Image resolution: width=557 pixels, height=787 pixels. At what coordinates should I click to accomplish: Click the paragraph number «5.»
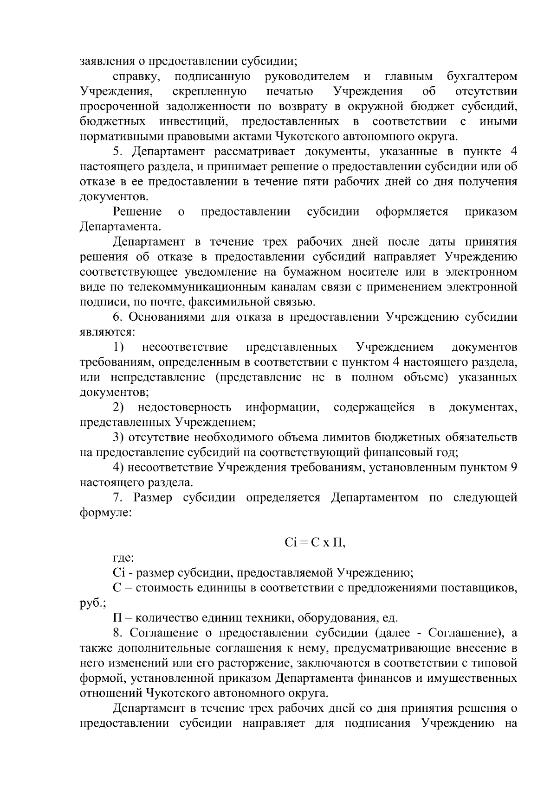coord(118,152)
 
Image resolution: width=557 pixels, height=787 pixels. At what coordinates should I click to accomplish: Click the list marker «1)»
coord(118,347)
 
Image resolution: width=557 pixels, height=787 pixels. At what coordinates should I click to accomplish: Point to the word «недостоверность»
coord(184,407)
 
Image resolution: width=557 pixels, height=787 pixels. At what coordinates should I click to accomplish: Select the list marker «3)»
coord(118,437)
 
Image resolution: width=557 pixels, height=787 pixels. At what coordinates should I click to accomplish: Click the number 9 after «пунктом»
coord(513,467)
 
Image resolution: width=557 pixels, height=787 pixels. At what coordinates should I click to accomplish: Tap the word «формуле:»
coord(106,513)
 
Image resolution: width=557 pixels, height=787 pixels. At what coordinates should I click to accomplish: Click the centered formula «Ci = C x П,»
coord(315,543)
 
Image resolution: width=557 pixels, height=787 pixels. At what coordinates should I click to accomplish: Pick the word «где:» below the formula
coord(123,558)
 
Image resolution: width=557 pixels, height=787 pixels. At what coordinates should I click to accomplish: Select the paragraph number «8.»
coord(118,633)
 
